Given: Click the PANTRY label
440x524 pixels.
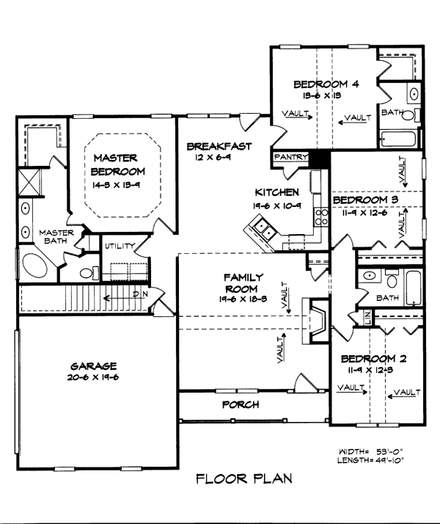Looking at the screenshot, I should (289, 157).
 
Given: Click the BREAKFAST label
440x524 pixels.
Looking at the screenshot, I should (219, 145).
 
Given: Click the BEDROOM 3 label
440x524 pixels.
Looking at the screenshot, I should (366, 200).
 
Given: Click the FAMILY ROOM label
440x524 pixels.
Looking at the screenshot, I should (245, 283).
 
